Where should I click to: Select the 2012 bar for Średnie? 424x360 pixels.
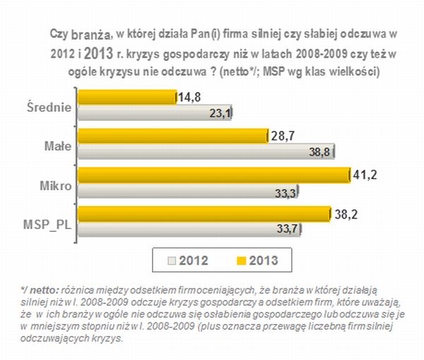(x=155, y=112)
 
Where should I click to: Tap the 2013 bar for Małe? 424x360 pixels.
(x=173, y=135)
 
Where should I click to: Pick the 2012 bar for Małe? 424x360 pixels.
(x=206, y=151)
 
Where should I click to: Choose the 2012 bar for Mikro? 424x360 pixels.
(x=188, y=190)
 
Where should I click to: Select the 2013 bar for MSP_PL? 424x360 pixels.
(x=204, y=212)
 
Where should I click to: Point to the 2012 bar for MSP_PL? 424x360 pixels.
(x=189, y=228)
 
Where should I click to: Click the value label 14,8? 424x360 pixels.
(x=189, y=97)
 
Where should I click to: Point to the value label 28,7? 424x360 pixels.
(x=282, y=135)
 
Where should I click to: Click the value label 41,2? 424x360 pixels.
(x=365, y=173)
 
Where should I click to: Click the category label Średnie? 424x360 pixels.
(x=51, y=107)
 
